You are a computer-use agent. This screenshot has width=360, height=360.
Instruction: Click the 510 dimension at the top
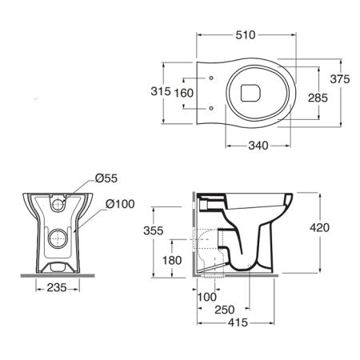[246, 35]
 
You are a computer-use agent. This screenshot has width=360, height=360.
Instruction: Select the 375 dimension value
[340, 79]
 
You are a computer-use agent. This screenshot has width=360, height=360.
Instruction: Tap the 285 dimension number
[318, 98]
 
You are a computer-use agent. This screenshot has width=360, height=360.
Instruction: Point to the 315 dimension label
[161, 91]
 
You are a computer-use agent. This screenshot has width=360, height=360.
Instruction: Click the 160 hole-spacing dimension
[184, 93]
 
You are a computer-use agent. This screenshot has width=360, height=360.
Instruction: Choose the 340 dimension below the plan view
[258, 146]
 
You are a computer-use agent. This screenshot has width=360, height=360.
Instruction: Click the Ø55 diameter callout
[106, 178]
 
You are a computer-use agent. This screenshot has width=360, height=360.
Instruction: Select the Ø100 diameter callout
[120, 204]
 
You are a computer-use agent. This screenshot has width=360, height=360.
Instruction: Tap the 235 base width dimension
[57, 287]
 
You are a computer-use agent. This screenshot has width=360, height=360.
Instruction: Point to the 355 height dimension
[154, 230]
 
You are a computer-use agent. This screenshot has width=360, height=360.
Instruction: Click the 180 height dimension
[172, 260]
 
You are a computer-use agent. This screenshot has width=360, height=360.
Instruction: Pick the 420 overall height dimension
[320, 227]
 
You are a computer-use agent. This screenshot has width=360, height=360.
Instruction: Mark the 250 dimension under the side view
[225, 310]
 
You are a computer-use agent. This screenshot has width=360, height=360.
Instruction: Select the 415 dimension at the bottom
[238, 322]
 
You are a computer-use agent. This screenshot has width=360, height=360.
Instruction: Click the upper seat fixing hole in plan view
[211, 78]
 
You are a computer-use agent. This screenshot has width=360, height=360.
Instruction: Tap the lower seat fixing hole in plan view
[211, 108]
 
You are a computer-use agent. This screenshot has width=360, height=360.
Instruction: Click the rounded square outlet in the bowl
[250, 93]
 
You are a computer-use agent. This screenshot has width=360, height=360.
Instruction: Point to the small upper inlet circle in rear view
[58, 205]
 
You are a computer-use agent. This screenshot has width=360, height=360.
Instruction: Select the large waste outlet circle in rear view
[58, 238]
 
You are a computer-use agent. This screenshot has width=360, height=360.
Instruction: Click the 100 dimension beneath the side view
[207, 297]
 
